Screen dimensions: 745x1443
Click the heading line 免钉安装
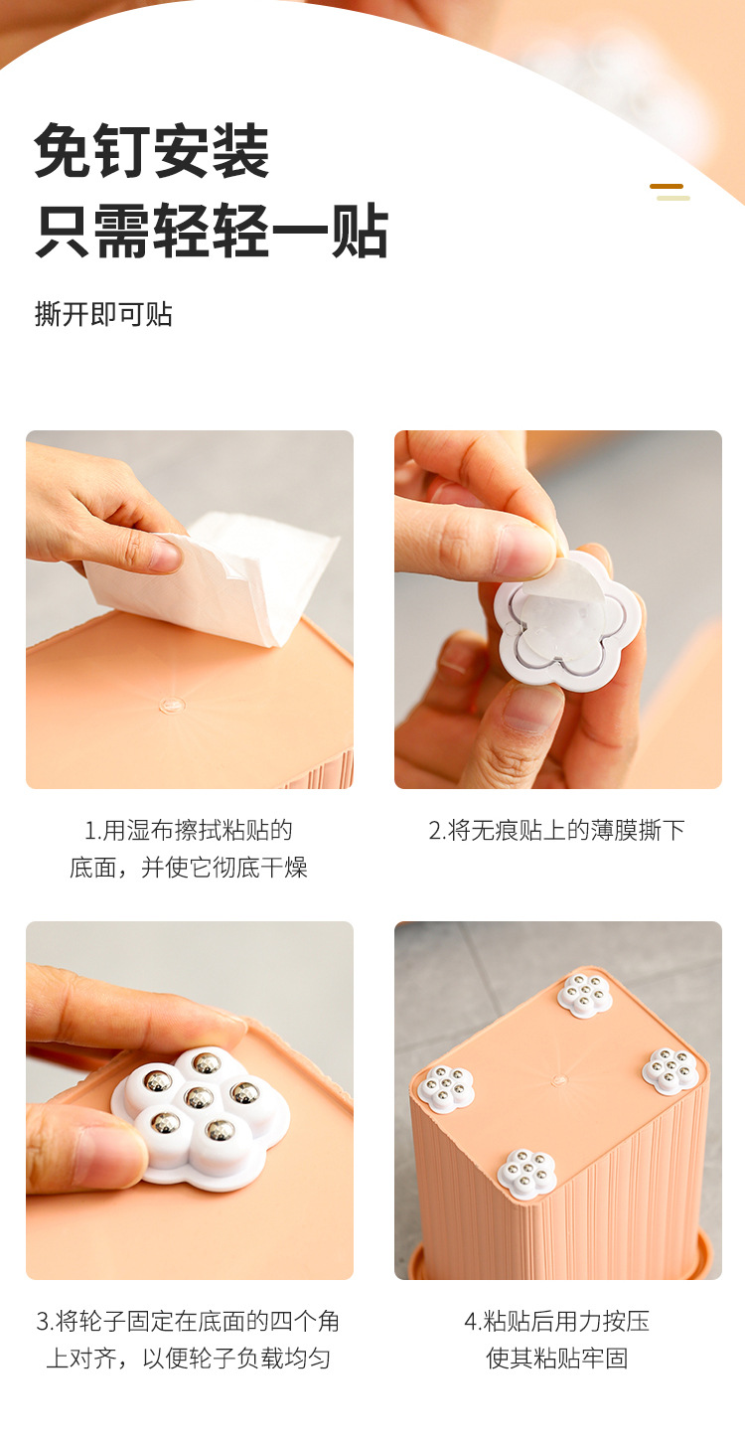[x=151, y=151]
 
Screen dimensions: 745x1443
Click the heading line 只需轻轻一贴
[x=212, y=231]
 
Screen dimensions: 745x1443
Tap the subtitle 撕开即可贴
[x=103, y=314]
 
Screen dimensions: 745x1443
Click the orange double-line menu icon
[x=670, y=192]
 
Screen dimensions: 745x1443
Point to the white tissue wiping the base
[x=213, y=576]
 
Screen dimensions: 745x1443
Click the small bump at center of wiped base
[x=172, y=705]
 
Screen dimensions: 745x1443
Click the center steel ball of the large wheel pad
[x=199, y=1096]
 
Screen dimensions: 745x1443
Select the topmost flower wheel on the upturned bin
[x=585, y=995]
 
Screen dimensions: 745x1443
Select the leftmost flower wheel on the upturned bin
[x=446, y=1087]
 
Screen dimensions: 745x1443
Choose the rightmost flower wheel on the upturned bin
[x=670, y=1070]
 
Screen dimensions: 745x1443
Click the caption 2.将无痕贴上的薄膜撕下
[x=557, y=831]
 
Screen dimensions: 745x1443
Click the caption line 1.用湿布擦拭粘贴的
[x=189, y=831]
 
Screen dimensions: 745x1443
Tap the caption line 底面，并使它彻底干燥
[x=189, y=867]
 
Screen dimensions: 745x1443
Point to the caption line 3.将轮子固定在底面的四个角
[x=188, y=1321]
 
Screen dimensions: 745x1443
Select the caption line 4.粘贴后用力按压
[x=557, y=1321]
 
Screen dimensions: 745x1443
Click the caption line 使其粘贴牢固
[x=557, y=1358]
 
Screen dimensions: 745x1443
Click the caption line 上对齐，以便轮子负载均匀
[x=188, y=1358]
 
